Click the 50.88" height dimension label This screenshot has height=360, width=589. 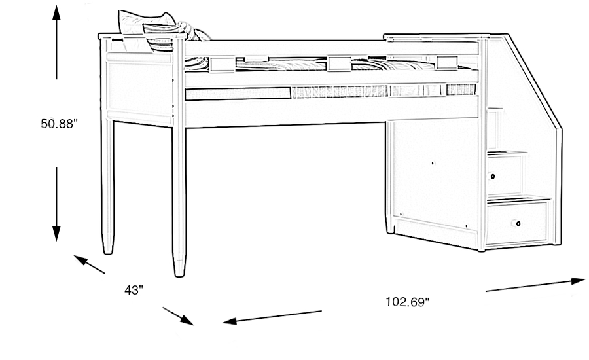60,123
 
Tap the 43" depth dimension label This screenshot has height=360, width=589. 134,289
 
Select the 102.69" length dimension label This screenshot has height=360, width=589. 406,302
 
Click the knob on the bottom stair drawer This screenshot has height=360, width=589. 518,224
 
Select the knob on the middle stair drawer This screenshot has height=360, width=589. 491,175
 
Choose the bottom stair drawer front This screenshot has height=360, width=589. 517,223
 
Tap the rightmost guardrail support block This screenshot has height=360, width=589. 447,62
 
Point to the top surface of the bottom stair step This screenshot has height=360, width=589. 517,198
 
